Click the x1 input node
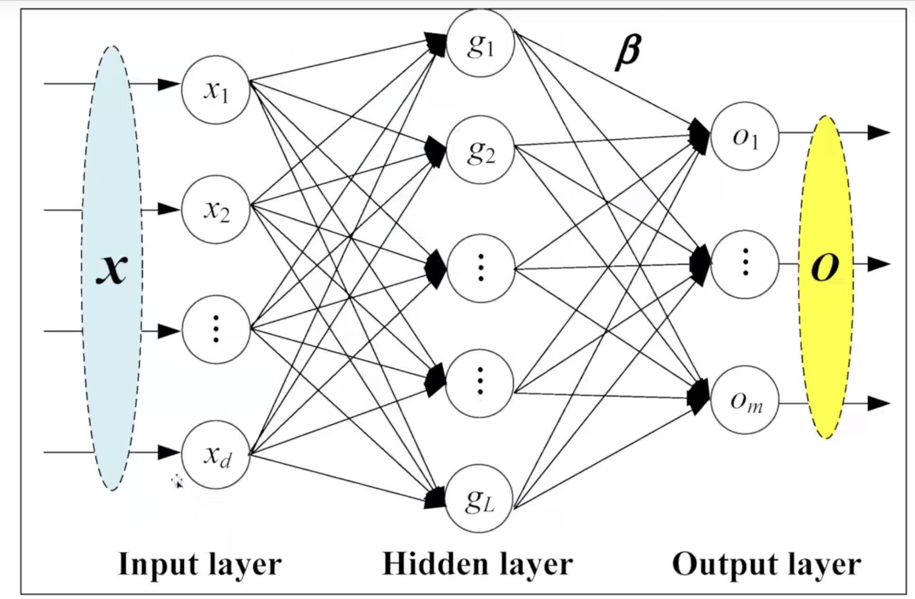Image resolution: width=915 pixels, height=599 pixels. click(216, 90)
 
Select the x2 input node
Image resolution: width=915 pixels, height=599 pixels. click(216, 210)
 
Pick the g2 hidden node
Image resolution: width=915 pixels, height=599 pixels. click(480, 150)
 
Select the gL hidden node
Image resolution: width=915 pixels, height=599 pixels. click(480, 499)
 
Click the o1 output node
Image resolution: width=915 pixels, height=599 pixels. click(745, 136)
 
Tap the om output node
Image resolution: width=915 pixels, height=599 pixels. click(745, 400)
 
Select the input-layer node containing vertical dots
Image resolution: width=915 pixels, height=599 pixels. click(216, 329)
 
